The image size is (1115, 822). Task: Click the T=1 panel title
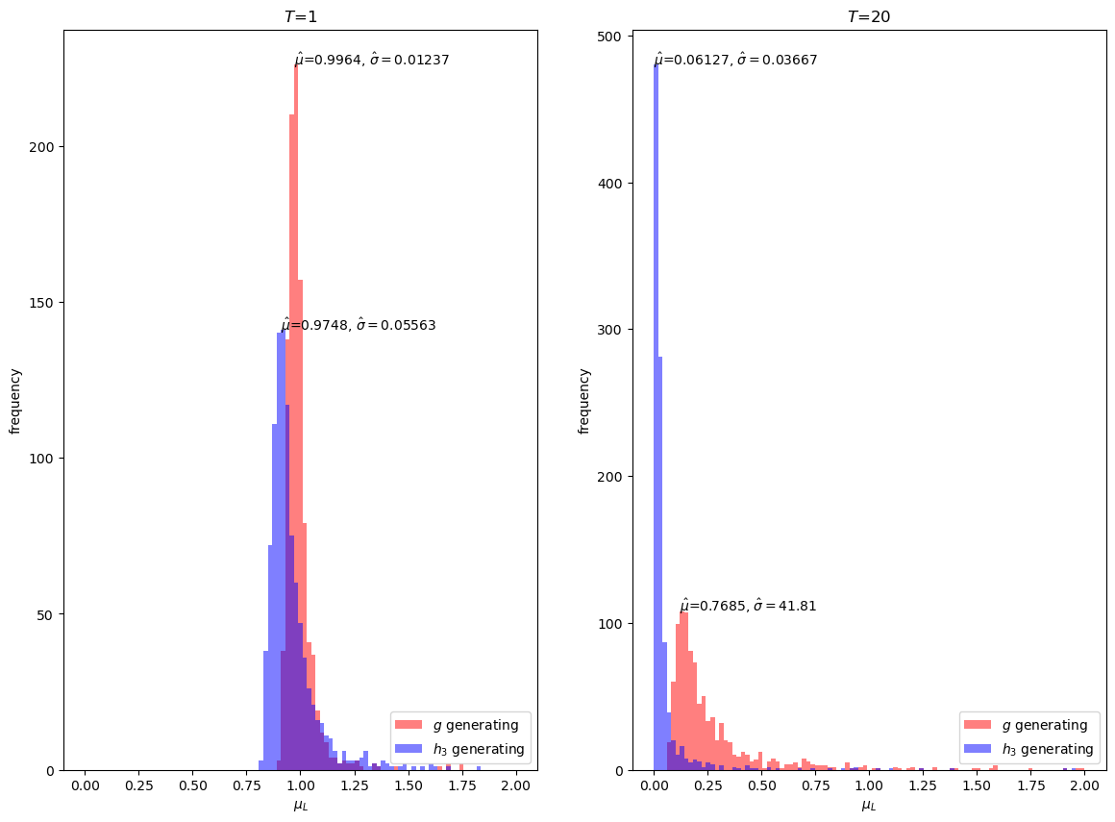pos(300,16)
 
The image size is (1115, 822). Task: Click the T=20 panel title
pos(868,16)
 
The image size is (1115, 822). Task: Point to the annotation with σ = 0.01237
pos(372,60)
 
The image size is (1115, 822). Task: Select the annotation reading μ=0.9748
pos(359,325)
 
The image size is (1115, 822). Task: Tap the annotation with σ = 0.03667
pos(735,60)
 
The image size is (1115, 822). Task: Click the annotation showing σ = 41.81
pos(748,606)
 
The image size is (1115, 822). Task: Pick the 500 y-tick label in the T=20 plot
pos(611,37)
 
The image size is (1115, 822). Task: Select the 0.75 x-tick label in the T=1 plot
pos(246,785)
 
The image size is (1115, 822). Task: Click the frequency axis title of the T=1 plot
pos(15,401)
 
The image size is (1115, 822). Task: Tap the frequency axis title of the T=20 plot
pos(583,401)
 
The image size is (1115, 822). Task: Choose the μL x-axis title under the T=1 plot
pos(300,807)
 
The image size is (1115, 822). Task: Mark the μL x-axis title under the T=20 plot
pos(869,807)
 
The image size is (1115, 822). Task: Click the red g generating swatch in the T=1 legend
pos(409,725)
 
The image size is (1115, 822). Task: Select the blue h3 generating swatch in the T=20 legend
pos(978,749)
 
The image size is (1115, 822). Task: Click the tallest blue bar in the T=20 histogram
pos(656,418)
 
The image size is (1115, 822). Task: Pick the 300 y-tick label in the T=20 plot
pos(611,331)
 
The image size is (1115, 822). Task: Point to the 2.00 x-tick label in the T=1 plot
pos(515,785)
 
